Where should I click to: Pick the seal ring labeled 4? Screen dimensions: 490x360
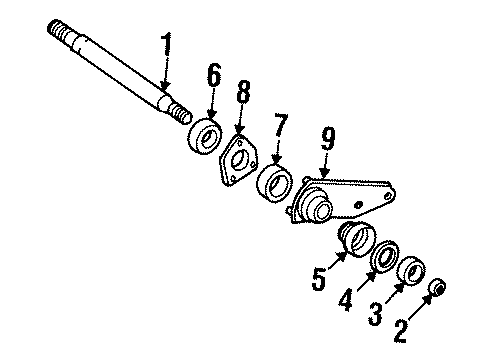[x=383, y=256]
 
